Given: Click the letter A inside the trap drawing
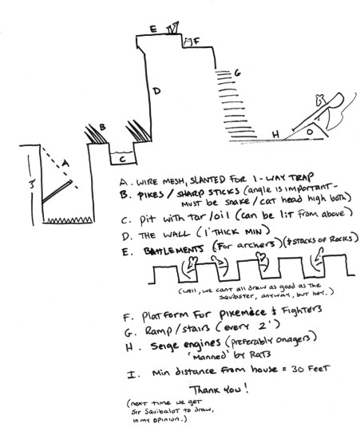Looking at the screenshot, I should click(66, 162).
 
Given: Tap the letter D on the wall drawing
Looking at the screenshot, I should click(156, 93).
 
